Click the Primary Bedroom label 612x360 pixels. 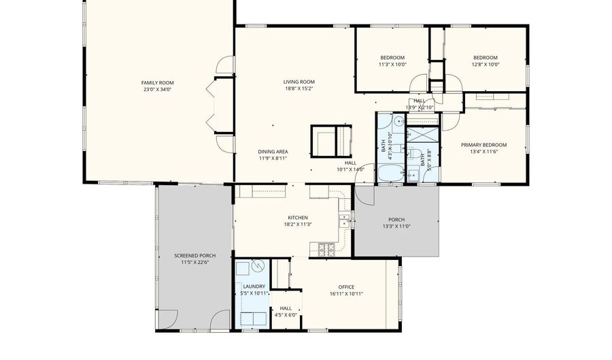coord(483,145)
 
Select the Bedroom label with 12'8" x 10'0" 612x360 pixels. coord(485,58)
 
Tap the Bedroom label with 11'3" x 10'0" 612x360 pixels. coord(392,58)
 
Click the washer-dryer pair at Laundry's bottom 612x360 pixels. coord(251,318)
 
